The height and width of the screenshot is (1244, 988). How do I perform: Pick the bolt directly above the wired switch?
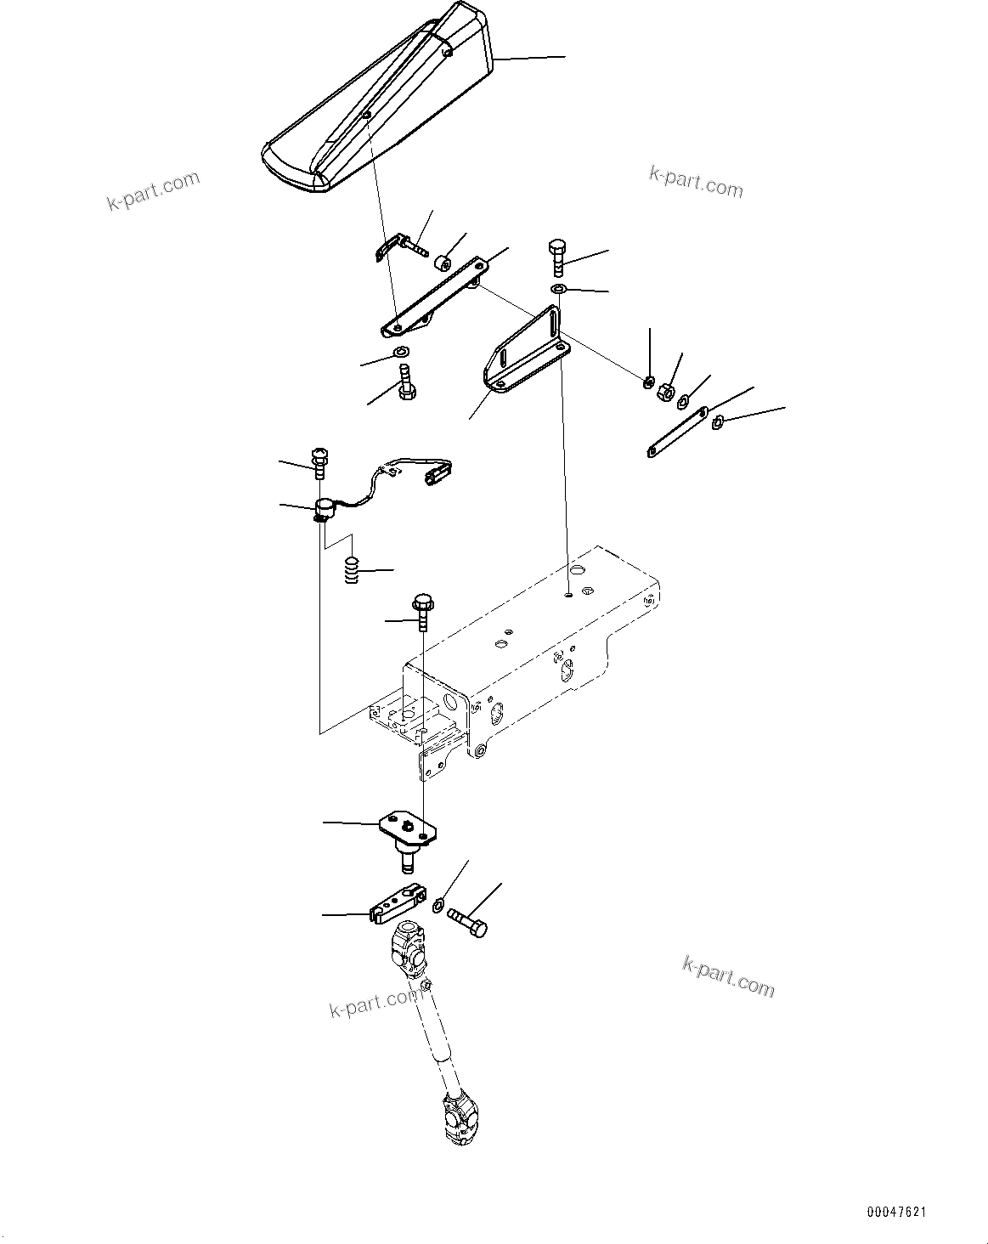click(x=321, y=461)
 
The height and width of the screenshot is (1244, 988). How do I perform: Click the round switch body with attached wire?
click(x=323, y=509)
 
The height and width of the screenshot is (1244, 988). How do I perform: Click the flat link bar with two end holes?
click(x=677, y=433)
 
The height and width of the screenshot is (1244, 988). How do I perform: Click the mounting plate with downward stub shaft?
click(x=407, y=833)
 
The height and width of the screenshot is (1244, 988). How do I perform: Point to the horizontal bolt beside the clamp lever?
click(x=466, y=923)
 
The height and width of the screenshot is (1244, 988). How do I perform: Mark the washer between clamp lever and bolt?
click(x=438, y=907)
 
